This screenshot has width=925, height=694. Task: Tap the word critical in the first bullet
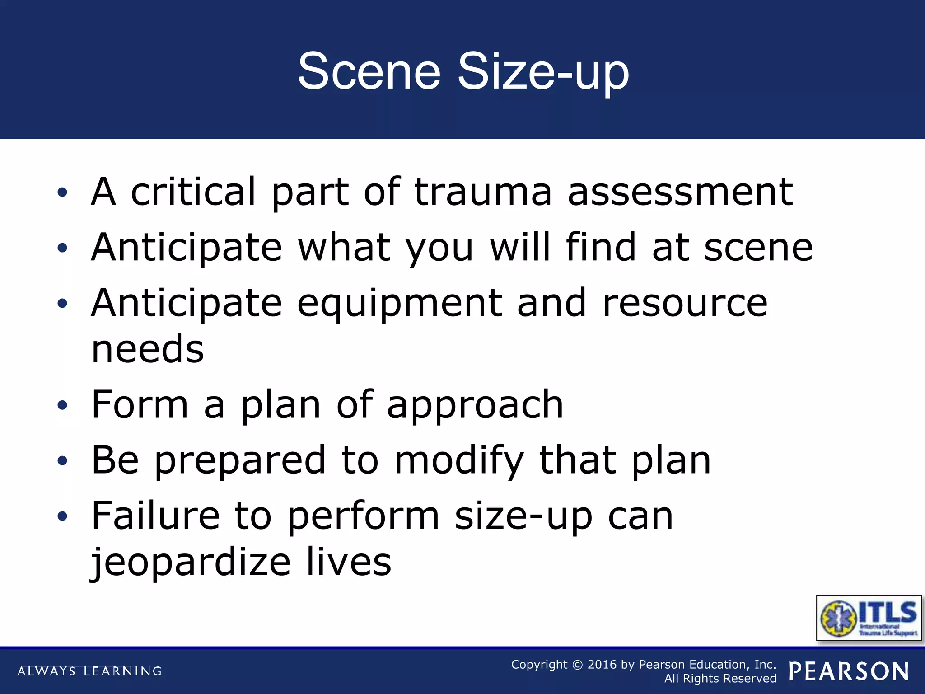click(193, 192)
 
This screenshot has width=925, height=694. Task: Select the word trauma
click(482, 192)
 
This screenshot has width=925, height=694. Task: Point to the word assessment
click(680, 192)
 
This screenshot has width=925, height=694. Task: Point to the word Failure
click(155, 516)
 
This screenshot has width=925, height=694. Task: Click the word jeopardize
click(191, 564)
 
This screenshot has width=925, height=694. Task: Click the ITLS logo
click(869, 618)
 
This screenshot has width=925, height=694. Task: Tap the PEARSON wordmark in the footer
click(849, 671)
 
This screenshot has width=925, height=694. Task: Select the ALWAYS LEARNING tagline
click(89, 671)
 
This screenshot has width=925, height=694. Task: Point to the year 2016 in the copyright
click(602, 665)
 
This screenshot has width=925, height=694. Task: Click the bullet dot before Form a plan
click(62, 405)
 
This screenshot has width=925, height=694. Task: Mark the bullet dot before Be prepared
click(62, 461)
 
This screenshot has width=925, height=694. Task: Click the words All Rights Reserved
click(720, 679)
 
